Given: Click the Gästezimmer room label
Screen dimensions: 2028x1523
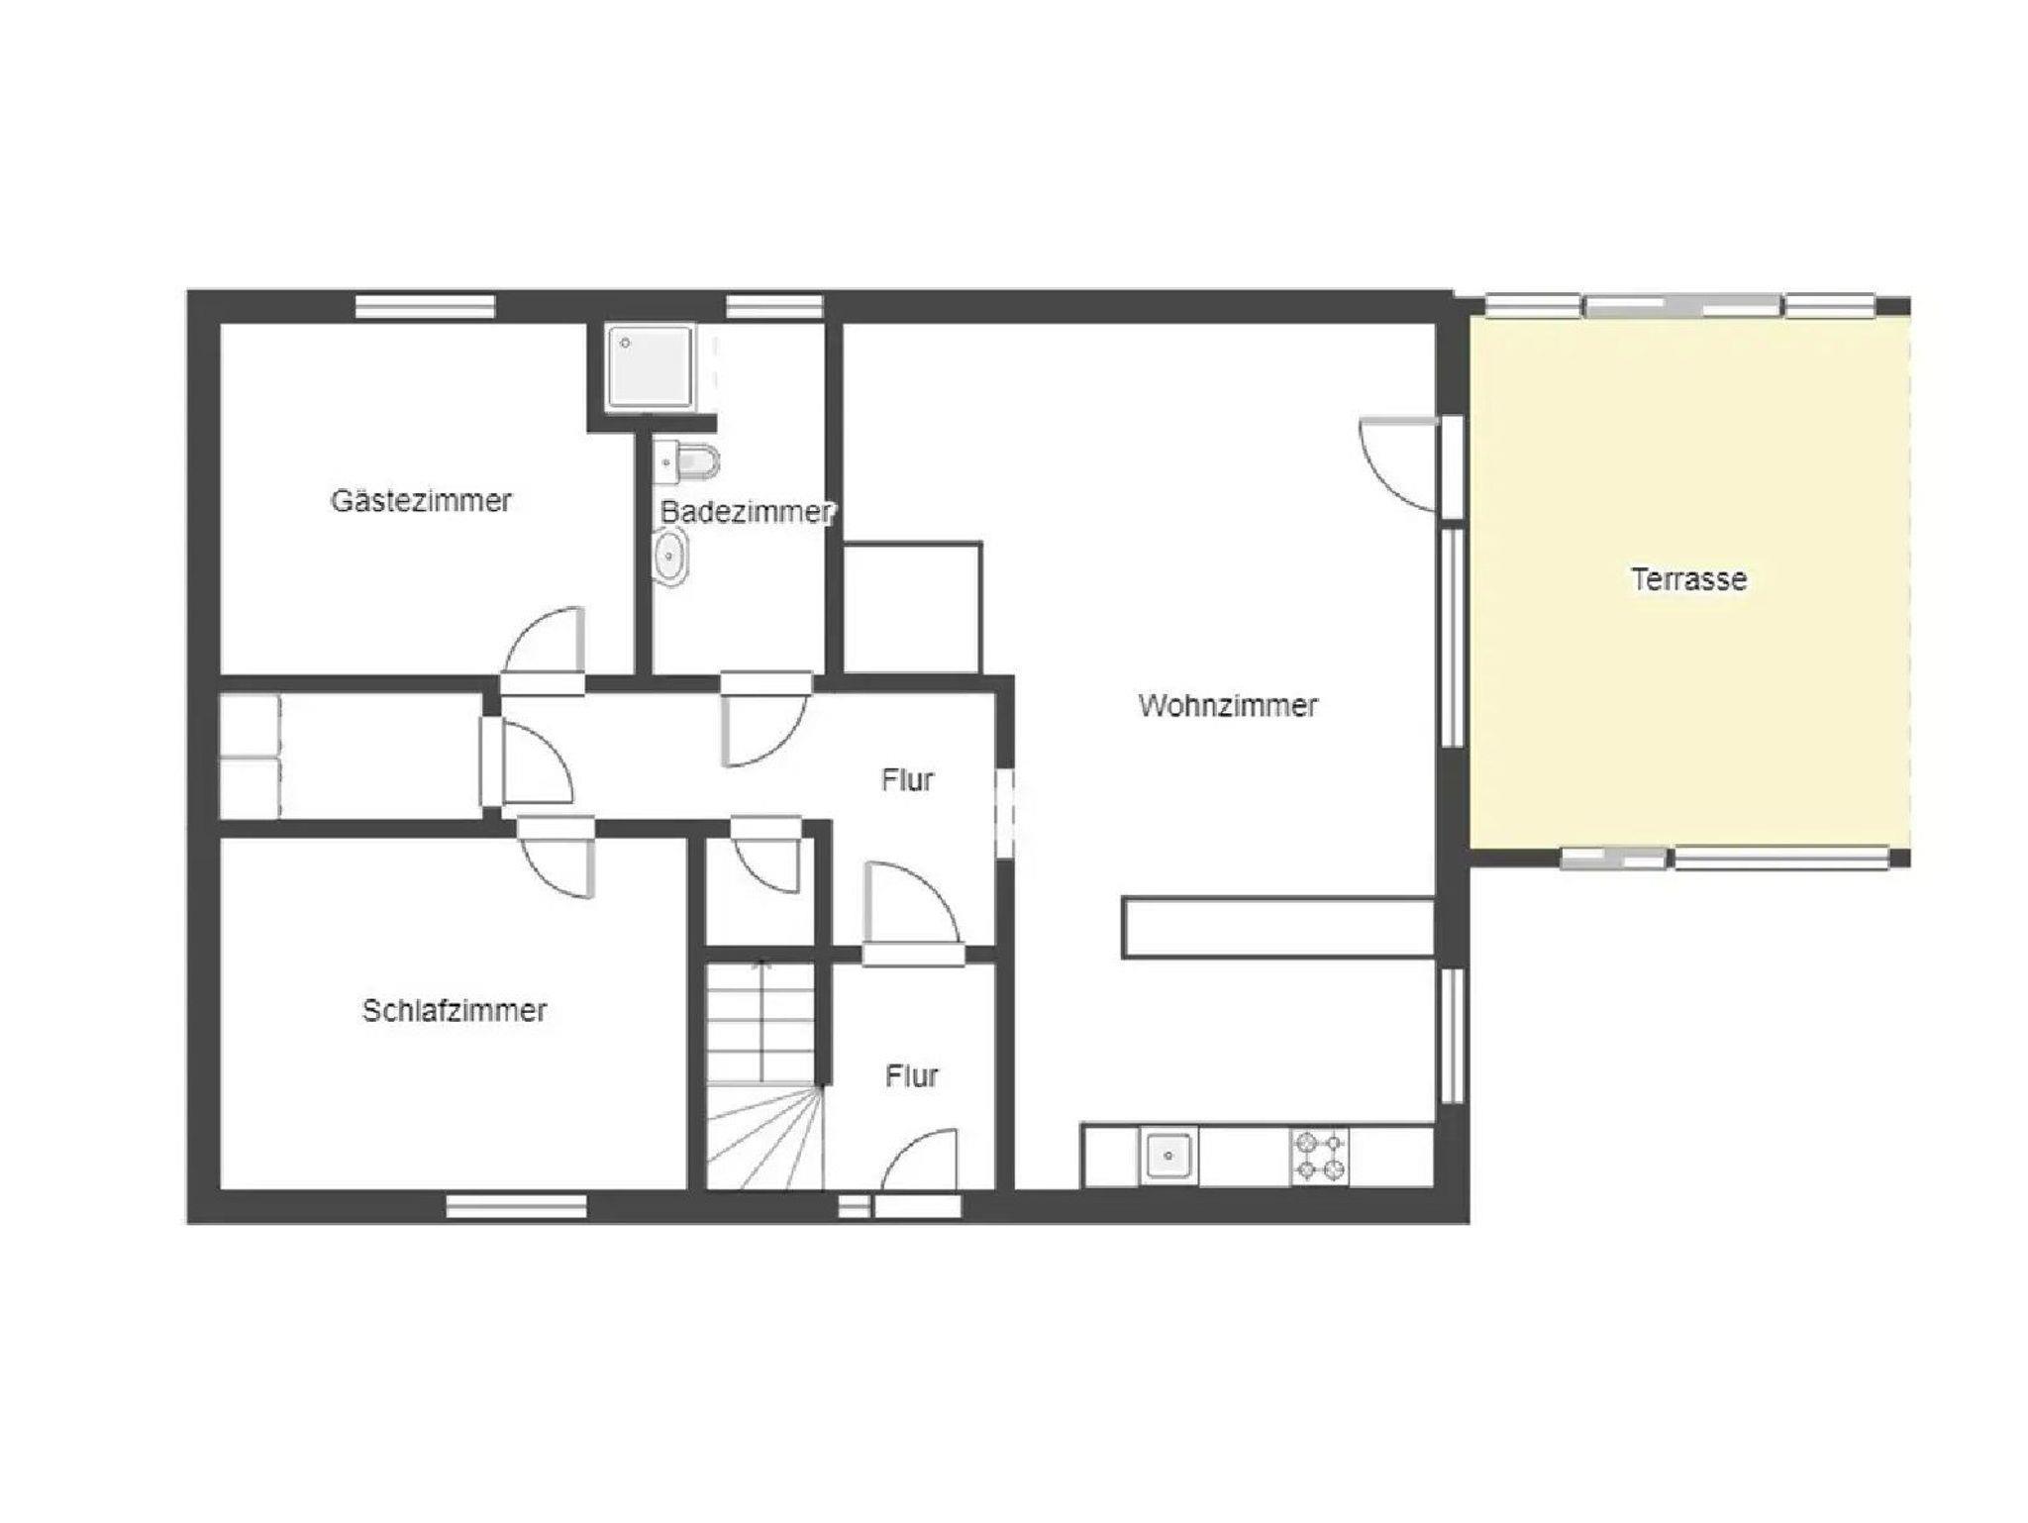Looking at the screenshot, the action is [421, 500].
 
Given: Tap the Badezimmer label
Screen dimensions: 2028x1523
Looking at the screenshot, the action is [748, 512].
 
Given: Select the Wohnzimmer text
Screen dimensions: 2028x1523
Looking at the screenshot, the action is [1228, 705].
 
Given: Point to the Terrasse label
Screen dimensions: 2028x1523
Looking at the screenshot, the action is [1688, 578].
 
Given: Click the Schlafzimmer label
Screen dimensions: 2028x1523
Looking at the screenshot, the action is [455, 1010].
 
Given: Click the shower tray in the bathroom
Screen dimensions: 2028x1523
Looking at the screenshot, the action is [651, 365].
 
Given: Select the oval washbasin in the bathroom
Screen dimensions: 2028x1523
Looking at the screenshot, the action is [670, 556].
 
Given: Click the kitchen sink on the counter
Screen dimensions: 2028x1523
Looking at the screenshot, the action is [1168, 1155].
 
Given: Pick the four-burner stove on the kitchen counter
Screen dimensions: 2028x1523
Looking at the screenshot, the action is [1319, 1156].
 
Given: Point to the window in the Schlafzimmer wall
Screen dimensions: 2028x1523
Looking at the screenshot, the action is [516, 1206].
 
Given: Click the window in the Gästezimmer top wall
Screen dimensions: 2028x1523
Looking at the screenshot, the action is [425, 306].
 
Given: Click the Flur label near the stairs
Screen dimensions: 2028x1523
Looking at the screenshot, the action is [911, 1075].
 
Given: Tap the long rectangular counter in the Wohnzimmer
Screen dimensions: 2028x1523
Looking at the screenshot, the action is [1278, 928].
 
